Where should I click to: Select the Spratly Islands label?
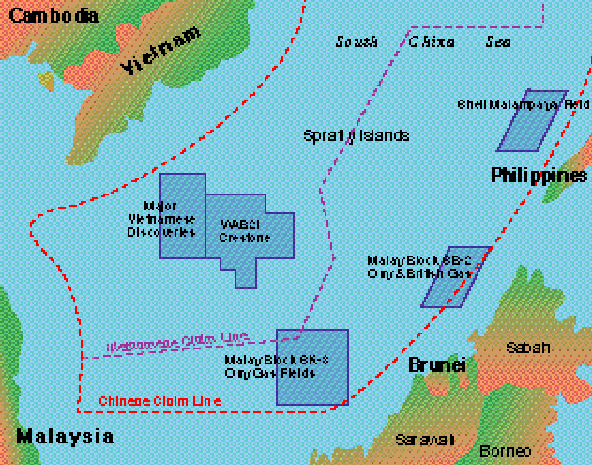click(357, 135)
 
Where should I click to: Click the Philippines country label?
click(539, 176)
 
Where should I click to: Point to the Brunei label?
click(436, 365)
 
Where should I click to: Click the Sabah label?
click(528, 348)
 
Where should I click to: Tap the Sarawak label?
click(424, 440)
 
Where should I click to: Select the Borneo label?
click(505, 450)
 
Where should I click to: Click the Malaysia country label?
click(66, 437)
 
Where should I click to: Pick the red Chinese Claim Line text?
click(159, 401)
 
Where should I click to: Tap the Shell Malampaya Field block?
click(532, 120)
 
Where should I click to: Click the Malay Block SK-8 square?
click(312, 367)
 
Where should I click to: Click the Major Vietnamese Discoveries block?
click(182, 216)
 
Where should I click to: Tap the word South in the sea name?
click(357, 41)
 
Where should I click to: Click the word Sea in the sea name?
click(497, 41)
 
